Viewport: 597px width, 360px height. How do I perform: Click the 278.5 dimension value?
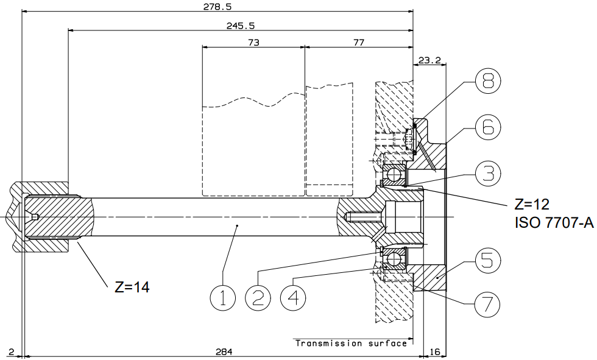click(x=218, y=7)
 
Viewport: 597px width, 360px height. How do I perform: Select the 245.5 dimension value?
click(x=241, y=26)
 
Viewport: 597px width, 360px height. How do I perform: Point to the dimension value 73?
click(x=253, y=42)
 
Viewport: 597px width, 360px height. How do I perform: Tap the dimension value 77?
click(x=359, y=42)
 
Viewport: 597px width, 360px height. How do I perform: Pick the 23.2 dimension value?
click(x=429, y=60)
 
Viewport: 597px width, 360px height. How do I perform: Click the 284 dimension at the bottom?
click(x=224, y=351)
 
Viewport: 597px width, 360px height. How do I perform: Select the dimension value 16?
click(x=434, y=351)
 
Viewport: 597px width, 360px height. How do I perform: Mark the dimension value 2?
click(x=11, y=351)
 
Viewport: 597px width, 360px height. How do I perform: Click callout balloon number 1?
click(x=223, y=298)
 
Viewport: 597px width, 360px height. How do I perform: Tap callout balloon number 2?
click(x=258, y=298)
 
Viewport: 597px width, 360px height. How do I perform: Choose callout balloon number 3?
click(x=488, y=173)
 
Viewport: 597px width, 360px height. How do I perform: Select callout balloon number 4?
click(x=293, y=298)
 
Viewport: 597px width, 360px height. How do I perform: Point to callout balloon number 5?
click(x=488, y=261)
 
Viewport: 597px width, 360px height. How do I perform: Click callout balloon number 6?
click(x=488, y=127)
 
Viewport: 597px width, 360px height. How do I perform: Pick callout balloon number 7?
click(x=487, y=305)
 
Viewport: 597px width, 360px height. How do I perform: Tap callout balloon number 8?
click(x=488, y=80)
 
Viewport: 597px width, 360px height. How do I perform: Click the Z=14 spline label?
click(x=132, y=287)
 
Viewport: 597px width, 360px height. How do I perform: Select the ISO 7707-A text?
click(x=554, y=222)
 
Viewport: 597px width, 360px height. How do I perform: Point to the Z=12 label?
click(x=532, y=204)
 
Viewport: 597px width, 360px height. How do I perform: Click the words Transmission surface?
click(x=351, y=344)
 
